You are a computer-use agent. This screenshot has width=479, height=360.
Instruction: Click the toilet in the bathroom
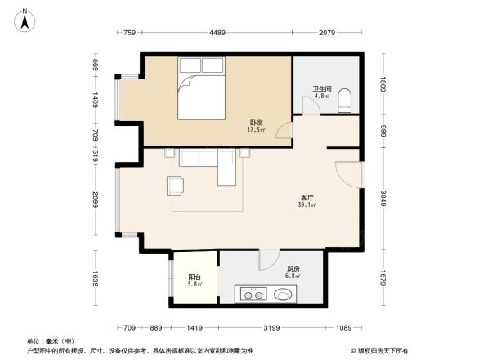[x=344, y=101]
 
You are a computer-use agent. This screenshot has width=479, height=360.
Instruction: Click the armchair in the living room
[x=176, y=186]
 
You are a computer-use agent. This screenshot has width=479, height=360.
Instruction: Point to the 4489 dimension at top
[x=217, y=33]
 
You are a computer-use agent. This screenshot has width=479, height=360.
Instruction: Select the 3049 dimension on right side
[x=383, y=199]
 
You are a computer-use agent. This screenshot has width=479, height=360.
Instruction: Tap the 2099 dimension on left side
[x=94, y=199]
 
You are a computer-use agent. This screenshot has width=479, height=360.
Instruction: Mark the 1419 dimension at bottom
[x=195, y=328]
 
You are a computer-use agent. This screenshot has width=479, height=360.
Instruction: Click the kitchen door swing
[x=267, y=260]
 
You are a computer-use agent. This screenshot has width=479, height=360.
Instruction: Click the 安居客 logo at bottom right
[x=381, y=349]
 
